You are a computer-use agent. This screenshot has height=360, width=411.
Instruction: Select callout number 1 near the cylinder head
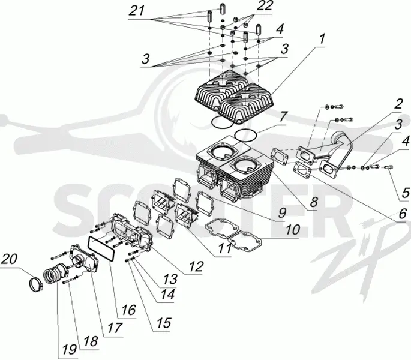[321, 38]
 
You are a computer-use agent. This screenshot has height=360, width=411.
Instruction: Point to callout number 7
[283, 117]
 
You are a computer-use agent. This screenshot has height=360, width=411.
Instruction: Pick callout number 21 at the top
[137, 11]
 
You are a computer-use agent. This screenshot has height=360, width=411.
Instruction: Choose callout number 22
[264, 6]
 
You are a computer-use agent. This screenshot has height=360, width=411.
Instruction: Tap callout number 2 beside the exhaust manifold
[398, 104]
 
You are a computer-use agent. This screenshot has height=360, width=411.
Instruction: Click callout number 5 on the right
[405, 193]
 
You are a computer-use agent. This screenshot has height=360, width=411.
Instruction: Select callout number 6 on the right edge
[401, 214]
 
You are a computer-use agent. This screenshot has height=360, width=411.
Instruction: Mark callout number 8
[313, 202]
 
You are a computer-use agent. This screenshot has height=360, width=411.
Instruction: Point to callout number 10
[293, 230]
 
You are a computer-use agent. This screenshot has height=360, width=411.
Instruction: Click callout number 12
[196, 266]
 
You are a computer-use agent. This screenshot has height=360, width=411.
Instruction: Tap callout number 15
[164, 323]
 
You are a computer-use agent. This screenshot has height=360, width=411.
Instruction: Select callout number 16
[128, 310]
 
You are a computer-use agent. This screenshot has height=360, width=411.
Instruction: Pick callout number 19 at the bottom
[70, 350]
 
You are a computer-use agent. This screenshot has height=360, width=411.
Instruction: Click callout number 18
[91, 341]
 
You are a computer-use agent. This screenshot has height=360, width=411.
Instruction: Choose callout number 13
[170, 279]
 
